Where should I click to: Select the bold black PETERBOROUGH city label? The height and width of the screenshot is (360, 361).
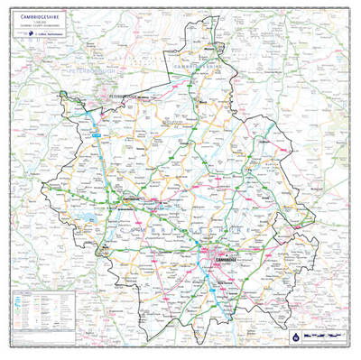pyautogui.click(x=122, y=94)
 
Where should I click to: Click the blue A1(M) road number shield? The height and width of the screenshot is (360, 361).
pyautogui.click(x=92, y=134)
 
